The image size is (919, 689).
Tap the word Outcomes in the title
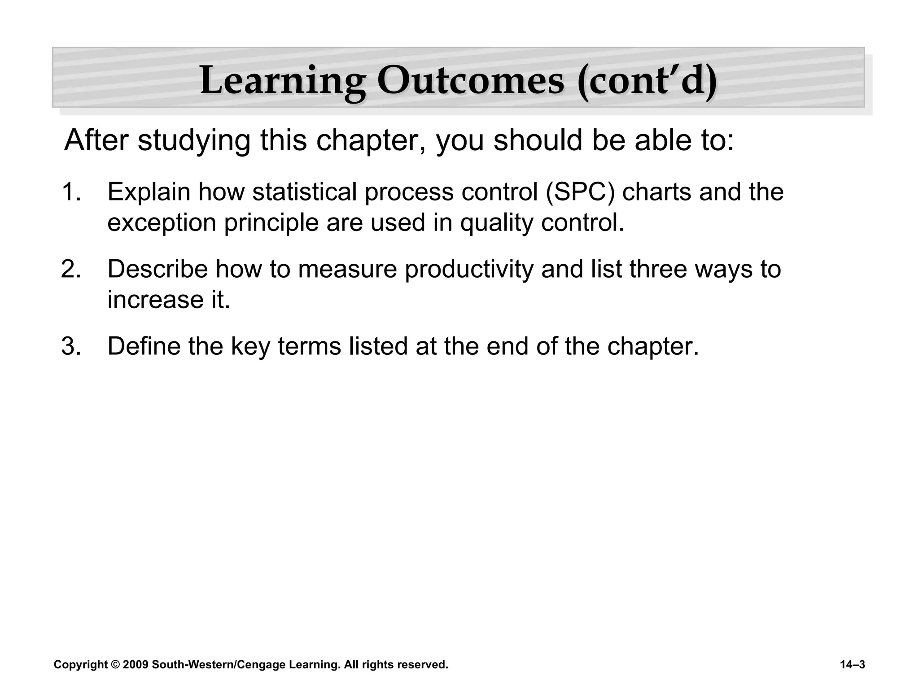point(470,81)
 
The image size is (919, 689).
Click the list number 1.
point(71,192)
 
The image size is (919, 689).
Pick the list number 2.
point(71,269)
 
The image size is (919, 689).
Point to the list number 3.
point(71,346)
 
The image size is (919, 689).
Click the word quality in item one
point(496,223)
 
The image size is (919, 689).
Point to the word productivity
point(468,269)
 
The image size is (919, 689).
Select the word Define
point(144,346)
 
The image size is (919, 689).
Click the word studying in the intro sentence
point(194,140)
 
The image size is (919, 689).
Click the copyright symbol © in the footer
point(116,665)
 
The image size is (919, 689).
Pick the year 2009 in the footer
point(136,665)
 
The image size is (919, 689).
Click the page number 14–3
point(852,665)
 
